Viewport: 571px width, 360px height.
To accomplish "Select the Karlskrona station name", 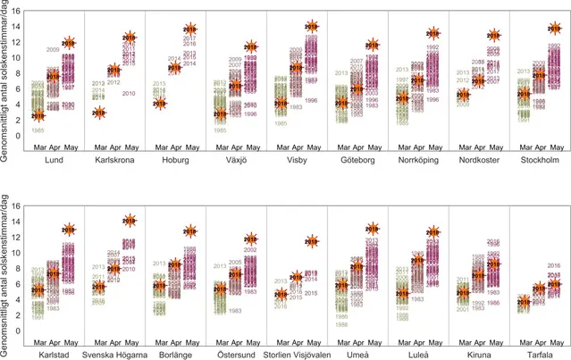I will tap(114, 161).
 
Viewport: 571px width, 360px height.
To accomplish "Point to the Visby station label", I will tap(297, 161).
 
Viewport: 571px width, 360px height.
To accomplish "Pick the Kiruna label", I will tap(480, 354).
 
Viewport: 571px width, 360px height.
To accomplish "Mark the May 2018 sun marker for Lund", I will tap(69, 43).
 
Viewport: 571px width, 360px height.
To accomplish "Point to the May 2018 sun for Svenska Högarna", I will tap(130, 221).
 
